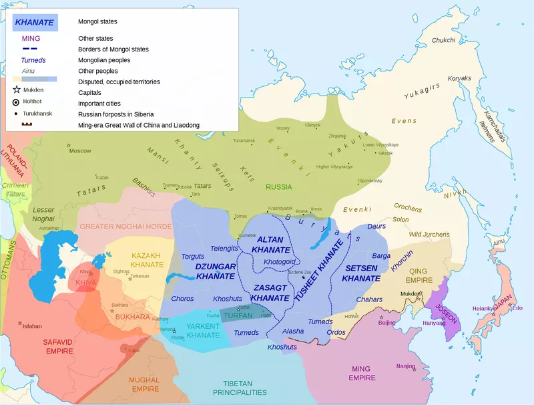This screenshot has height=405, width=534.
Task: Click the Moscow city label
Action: click(x=80, y=150)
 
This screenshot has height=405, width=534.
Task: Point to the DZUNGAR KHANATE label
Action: click(x=216, y=271)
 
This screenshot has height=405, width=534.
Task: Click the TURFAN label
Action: click(x=238, y=315)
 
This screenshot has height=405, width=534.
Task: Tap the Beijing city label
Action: click(x=387, y=323)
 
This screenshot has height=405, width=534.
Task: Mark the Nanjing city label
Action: click(x=405, y=366)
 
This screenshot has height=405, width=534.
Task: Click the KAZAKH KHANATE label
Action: click(x=146, y=260)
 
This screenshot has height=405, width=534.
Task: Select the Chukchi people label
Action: click(x=443, y=40)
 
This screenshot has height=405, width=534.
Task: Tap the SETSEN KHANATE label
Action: click(x=361, y=273)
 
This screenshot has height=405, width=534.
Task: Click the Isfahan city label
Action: click(x=32, y=326)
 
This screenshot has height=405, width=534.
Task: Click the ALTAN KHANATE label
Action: click(x=270, y=245)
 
